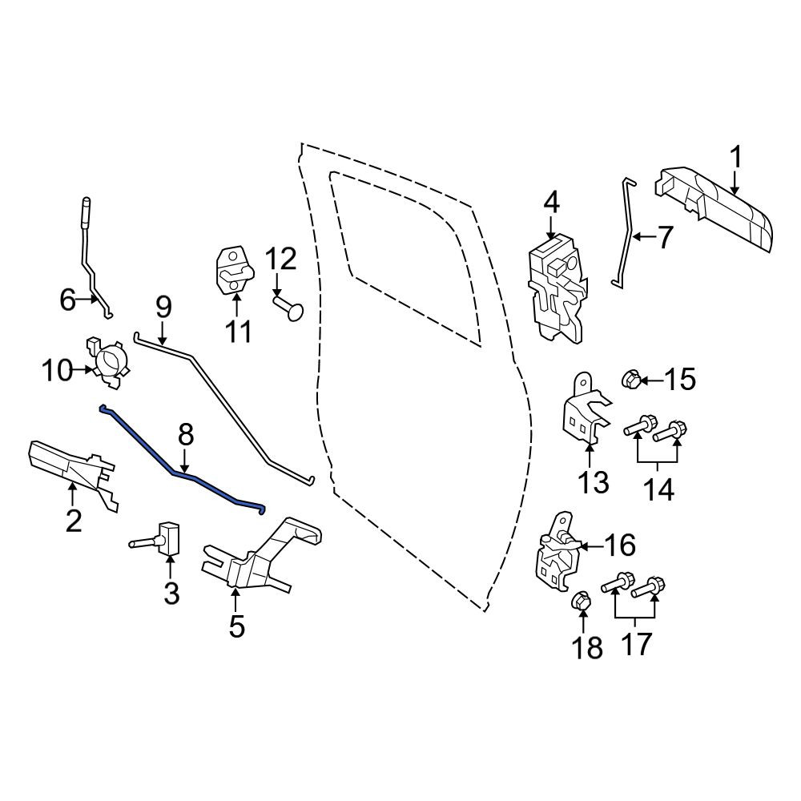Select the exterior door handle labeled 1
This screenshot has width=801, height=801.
[x=715, y=207]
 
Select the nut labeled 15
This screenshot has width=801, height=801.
[x=630, y=380]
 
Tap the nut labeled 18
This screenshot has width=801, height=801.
[x=581, y=601]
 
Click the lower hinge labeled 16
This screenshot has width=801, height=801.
[x=557, y=553]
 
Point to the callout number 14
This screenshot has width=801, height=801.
[x=658, y=489]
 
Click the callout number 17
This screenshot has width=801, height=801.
[x=637, y=644]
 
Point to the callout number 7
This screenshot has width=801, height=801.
[x=664, y=238]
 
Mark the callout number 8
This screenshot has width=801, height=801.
[x=186, y=436]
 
